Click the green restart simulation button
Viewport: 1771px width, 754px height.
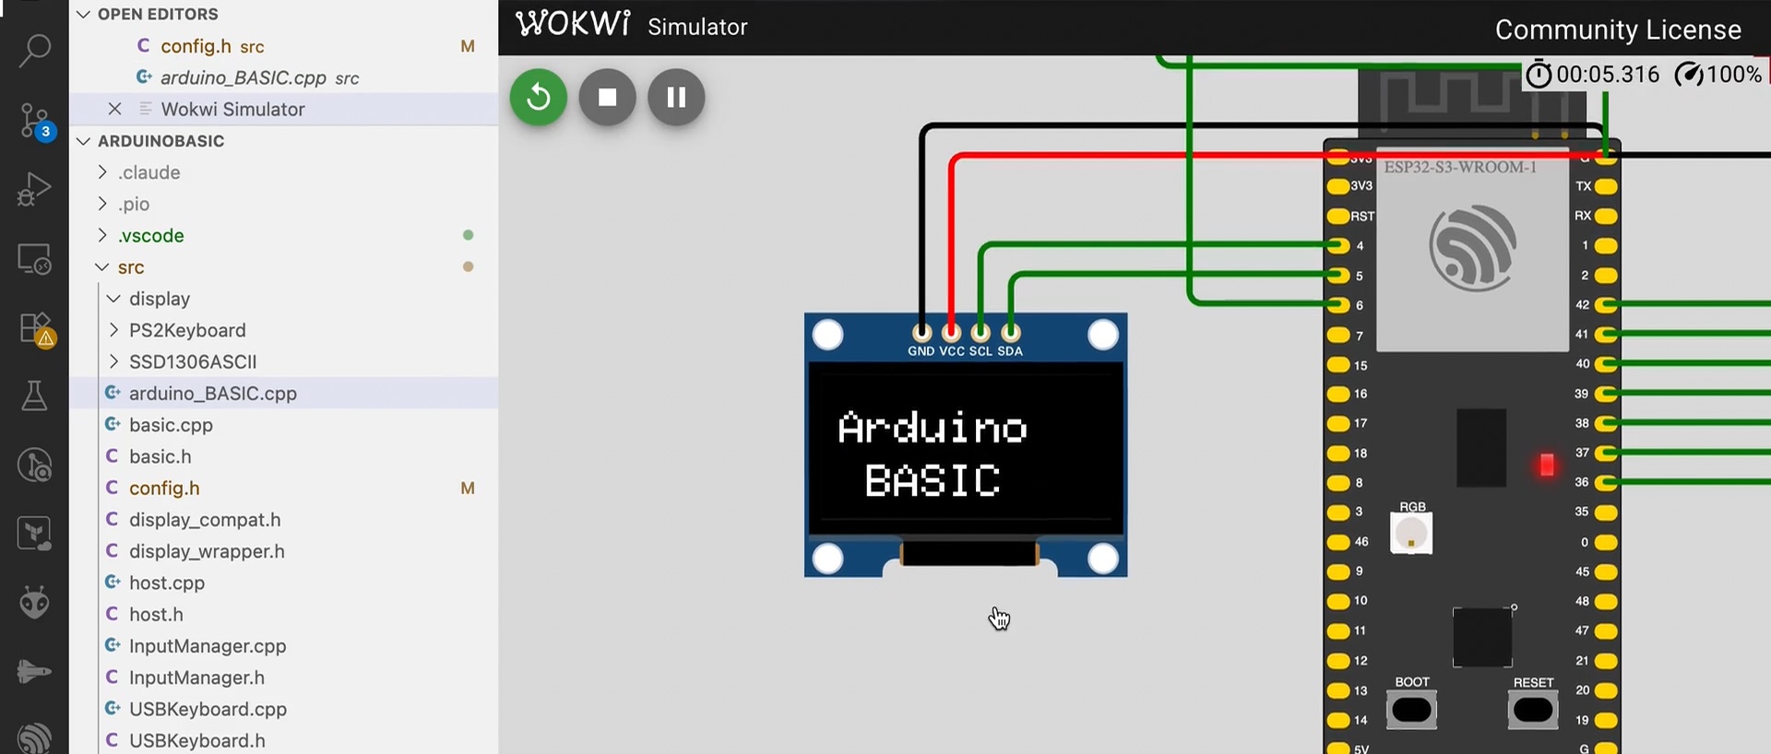tap(539, 97)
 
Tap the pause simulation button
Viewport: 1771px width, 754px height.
tap(676, 97)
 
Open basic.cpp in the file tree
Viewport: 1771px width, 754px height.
tap(171, 425)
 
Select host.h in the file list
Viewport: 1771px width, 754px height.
tap(156, 615)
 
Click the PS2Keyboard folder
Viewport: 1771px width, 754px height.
tap(187, 330)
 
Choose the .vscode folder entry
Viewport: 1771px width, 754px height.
tap(150, 236)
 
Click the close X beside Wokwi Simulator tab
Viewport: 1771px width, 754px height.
tap(114, 109)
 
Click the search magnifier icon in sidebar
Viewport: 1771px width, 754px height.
tap(35, 50)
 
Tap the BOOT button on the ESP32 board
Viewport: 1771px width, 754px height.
tap(1411, 710)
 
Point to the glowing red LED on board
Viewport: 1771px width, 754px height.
tap(1547, 465)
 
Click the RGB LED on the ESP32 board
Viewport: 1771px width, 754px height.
tap(1410, 534)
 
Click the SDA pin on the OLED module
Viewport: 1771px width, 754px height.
tap(1011, 332)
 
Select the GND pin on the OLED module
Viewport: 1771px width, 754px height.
tap(921, 332)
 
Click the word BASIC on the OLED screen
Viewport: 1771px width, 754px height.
tap(932, 481)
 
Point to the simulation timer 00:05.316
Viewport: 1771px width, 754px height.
tap(1607, 75)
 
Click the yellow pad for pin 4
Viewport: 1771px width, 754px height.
tap(1337, 246)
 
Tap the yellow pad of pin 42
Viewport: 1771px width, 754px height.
tap(1606, 305)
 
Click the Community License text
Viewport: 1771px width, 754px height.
tap(1617, 30)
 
